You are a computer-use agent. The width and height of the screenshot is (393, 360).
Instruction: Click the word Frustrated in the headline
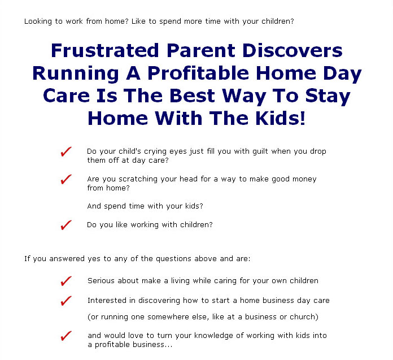click(x=105, y=50)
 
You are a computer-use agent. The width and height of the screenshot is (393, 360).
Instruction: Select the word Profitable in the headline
click(x=198, y=73)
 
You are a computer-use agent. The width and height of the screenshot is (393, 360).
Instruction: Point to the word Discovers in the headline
click(x=292, y=50)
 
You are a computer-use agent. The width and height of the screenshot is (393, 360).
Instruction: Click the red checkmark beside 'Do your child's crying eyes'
click(x=66, y=152)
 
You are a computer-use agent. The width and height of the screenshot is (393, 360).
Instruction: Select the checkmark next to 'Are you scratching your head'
click(x=66, y=179)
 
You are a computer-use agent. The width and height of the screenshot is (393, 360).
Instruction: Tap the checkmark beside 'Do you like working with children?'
click(x=66, y=225)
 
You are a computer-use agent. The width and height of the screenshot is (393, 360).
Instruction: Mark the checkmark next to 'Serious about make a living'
click(x=66, y=281)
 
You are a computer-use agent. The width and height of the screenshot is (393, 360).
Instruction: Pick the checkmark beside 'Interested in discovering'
click(x=66, y=301)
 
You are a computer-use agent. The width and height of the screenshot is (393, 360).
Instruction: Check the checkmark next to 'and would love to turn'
click(x=66, y=336)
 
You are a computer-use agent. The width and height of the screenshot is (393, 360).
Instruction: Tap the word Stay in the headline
click(x=327, y=96)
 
